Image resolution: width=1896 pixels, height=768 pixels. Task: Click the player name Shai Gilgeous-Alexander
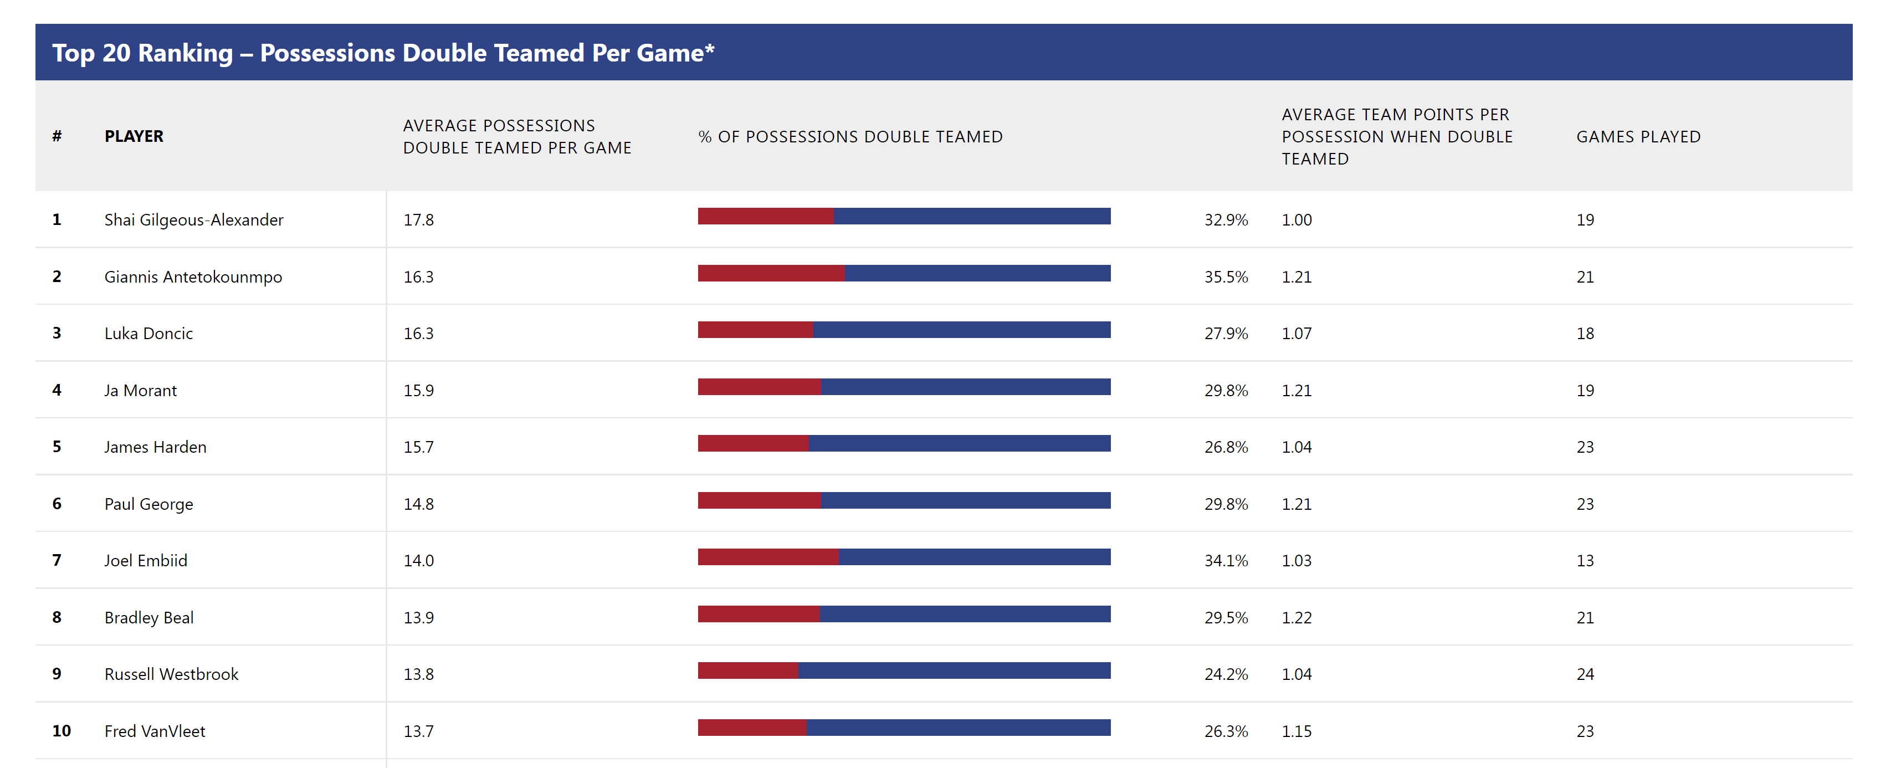coord(193,219)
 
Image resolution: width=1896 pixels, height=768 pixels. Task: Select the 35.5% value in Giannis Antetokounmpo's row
coord(1226,277)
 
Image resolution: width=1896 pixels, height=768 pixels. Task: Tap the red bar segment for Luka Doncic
coord(755,330)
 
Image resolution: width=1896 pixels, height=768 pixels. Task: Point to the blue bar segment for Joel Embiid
coord(973,557)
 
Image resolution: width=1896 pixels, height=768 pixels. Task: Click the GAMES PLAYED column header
coord(1638,136)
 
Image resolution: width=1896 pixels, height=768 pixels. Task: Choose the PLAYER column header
coord(134,136)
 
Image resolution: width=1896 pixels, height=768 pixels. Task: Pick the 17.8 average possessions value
coord(418,219)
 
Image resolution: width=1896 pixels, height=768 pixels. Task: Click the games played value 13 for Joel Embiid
coord(1585,560)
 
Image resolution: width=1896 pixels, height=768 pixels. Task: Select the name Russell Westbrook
coord(172,674)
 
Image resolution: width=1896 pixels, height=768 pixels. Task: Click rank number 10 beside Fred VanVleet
coord(61,730)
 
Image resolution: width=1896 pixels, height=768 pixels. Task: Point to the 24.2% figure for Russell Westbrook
coord(1226,674)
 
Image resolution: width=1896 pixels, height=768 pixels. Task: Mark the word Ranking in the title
coord(185,52)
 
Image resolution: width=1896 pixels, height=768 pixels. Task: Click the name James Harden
coord(155,447)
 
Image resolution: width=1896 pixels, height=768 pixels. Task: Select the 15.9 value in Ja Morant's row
coord(418,390)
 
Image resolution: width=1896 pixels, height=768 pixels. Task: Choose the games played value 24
coord(1585,674)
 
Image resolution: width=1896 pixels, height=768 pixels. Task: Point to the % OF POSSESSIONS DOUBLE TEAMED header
coord(850,136)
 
